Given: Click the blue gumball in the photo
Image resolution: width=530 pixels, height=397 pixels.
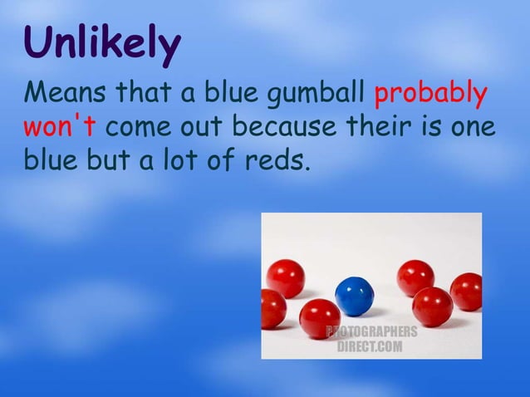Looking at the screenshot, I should click(x=355, y=295).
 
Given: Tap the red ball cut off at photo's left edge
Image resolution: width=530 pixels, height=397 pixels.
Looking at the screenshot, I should click(x=271, y=309).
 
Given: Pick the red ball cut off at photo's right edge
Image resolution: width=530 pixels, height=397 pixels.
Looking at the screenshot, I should click(x=468, y=291).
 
